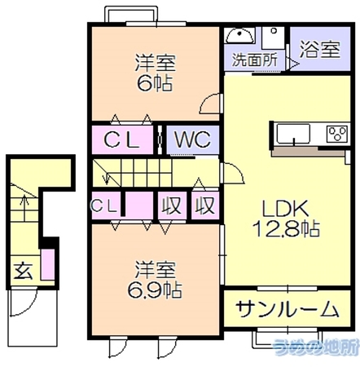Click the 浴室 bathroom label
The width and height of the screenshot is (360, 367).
pyautogui.click(x=319, y=50)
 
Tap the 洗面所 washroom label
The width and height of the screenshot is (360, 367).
pyautogui.click(x=255, y=60)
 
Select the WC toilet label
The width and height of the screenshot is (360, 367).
pyautogui.click(x=192, y=139)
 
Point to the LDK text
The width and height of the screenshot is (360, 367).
pyautogui.click(x=285, y=209)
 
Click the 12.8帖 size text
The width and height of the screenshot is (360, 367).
pyautogui.click(x=286, y=228)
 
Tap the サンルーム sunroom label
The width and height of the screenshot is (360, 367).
pyautogui.click(x=287, y=309)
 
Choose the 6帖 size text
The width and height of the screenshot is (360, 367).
pyautogui.click(x=155, y=83)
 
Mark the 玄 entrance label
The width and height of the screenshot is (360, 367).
pyautogui.click(x=23, y=272)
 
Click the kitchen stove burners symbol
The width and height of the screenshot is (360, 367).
pyautogui.click(x=337, y=134)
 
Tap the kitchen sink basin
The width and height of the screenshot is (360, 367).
pyautogui.click(x=293, y=134)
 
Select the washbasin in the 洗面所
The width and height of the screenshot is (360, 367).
pyautogui.click(x=240, y=35)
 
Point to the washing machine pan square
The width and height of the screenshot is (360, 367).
pyautogui.click(x=273, y=38)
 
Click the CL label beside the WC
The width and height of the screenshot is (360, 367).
pyautogui.click(x=121, y=139)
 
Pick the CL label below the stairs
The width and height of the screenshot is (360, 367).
pyautogui.click(x=104, y=206)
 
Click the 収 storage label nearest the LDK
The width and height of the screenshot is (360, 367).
pyautogui.click(x=205, y=206)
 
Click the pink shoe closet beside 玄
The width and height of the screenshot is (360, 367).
pyautogui.click(x=47, y=264)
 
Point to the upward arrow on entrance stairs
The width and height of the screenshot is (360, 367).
pyautogui.click(x=24, y=208)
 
